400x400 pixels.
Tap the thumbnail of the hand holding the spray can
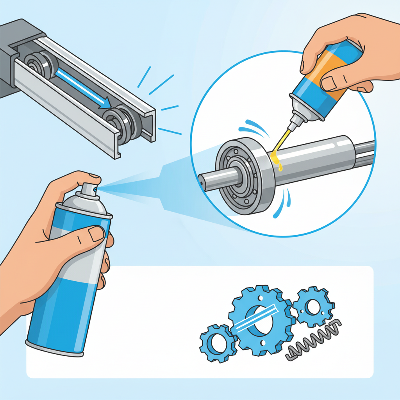[96, 234]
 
